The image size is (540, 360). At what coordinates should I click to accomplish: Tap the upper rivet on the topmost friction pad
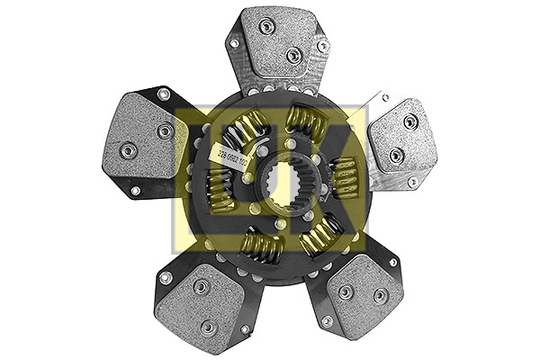(x=265, y=27)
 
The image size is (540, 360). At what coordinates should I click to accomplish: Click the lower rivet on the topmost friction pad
(x=292, y=55)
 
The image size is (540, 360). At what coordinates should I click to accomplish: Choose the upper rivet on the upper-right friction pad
(x=409, y=121)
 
